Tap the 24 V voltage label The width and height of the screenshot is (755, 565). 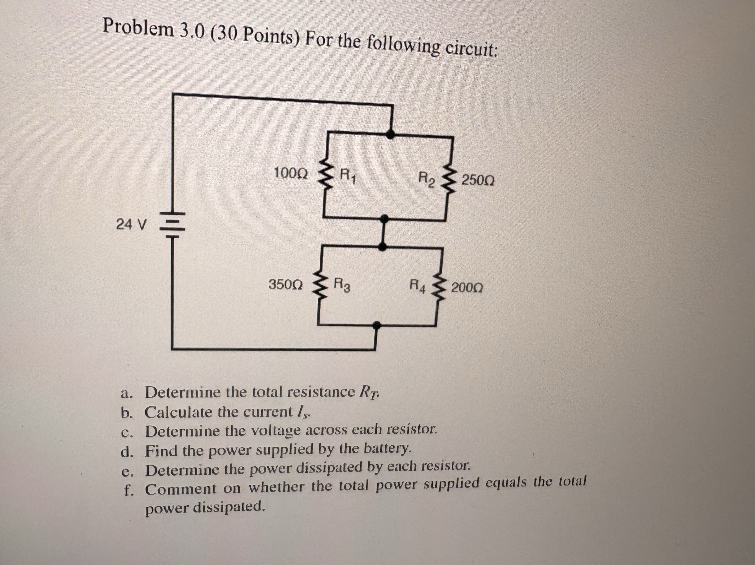pos(132,224)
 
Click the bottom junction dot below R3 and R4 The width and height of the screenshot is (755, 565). pos(376,325)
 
